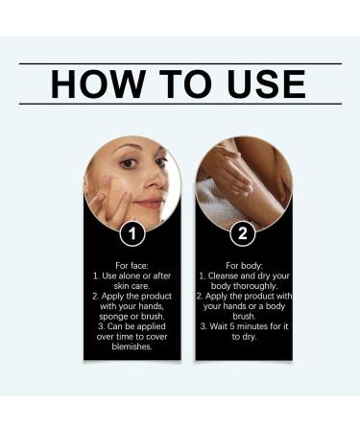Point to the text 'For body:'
(x=243, y=265)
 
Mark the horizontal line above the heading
(x=180, y=63)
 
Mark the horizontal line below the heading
(x=180, y=104)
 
